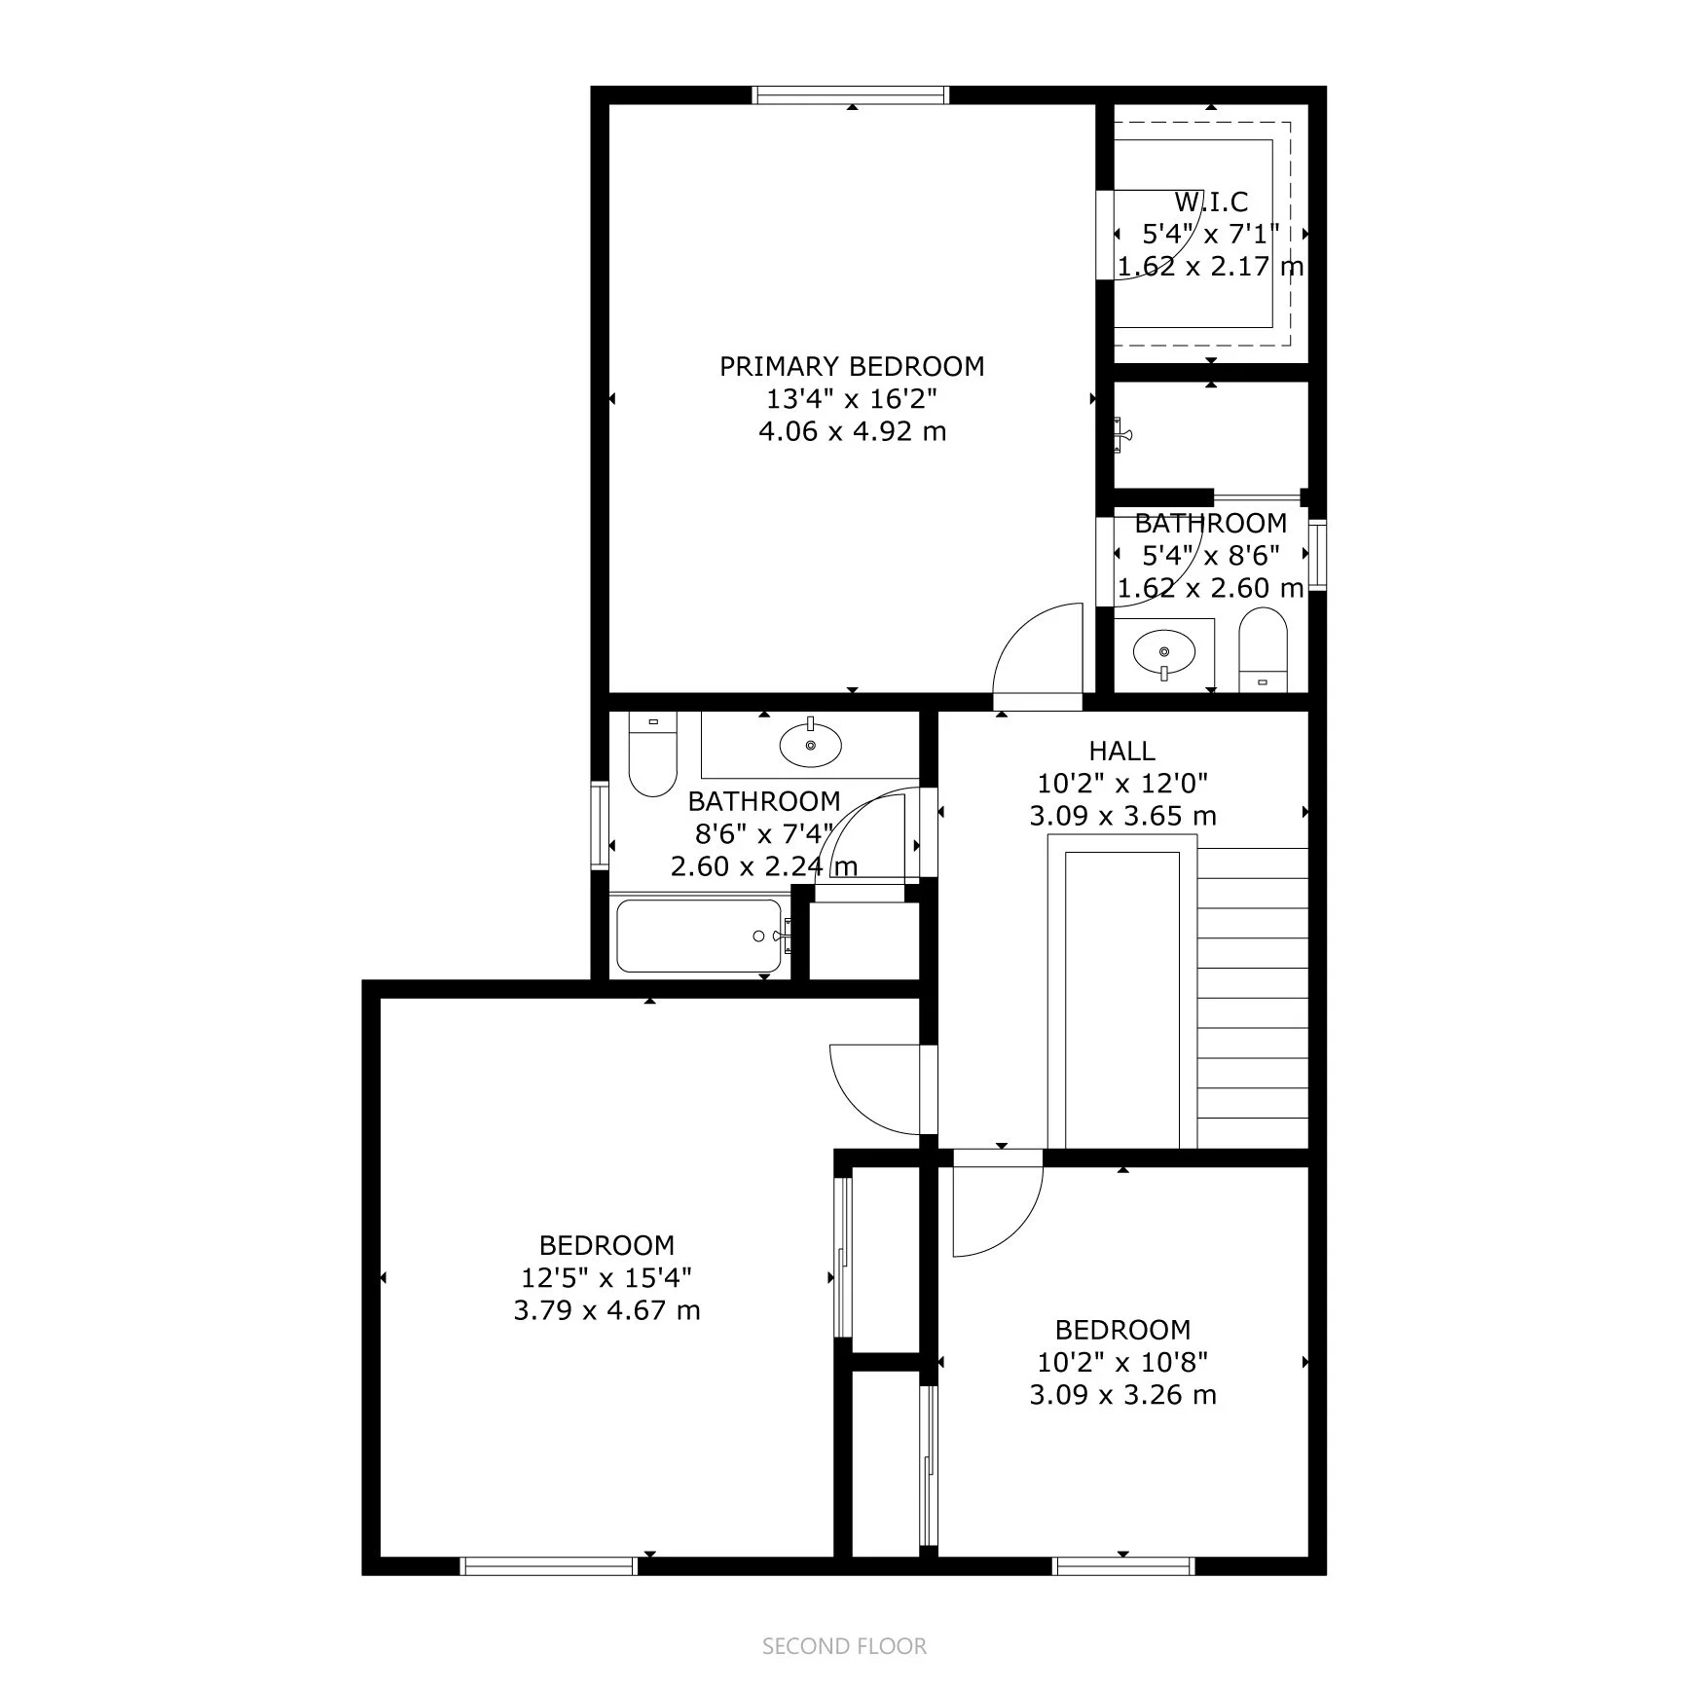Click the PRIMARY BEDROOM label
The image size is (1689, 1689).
(852, 367)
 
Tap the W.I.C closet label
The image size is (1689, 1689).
(1211, 202)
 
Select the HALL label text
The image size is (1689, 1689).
(1122, 751)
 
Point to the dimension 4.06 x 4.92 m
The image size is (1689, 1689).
(852, 431)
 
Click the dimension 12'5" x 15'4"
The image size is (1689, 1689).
(606, 1277)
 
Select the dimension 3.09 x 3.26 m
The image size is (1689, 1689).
(1122, 1395)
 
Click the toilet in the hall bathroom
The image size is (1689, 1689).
(652, 755)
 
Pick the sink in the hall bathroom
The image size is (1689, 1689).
(811, 746)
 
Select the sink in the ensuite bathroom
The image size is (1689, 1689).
(1164, 650)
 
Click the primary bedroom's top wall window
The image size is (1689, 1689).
(852, 94)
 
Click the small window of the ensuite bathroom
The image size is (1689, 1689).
(1317, 555)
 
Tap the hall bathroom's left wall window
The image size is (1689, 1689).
(601, 826)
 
